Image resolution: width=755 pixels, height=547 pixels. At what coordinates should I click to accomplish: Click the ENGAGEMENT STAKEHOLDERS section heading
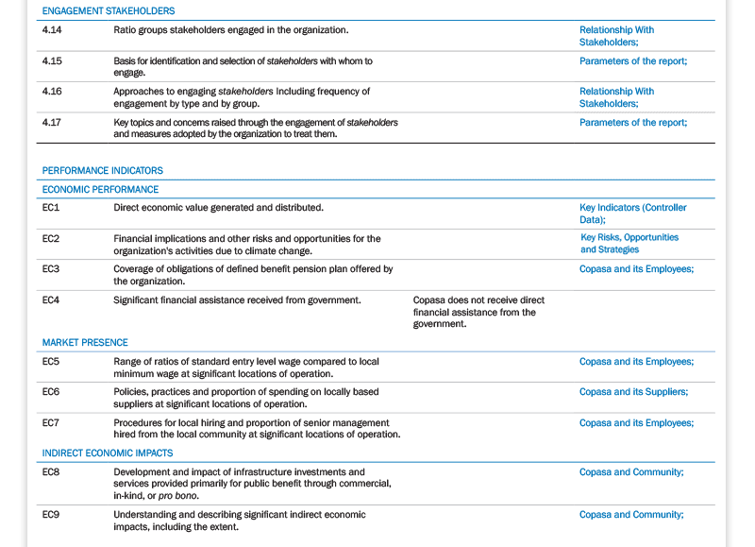tap(109, 11)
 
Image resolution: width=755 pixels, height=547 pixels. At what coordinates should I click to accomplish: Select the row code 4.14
tap(52, 30)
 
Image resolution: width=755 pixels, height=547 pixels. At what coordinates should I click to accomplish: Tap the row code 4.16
tap(52, 92)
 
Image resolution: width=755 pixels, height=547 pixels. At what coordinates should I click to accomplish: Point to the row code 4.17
tap(52, 123)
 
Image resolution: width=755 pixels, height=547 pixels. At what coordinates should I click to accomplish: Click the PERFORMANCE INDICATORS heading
tap(102, 171)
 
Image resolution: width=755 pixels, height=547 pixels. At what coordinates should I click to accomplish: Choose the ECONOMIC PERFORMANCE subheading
tap(100, 190)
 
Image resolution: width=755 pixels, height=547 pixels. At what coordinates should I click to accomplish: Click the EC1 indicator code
tap(51, 208)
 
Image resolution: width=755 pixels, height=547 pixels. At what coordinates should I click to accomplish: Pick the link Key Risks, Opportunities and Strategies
tap(629, 244)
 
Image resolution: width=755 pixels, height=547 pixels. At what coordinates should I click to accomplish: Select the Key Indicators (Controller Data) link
tap(632, 214)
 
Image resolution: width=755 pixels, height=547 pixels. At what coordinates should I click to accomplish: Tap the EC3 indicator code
tap(51, 269)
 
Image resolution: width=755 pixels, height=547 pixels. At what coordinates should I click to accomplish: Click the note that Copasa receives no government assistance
tap(478, 312)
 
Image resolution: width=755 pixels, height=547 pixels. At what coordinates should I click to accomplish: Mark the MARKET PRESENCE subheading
tap(85, 343)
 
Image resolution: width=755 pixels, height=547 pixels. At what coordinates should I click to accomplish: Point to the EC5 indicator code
tap(51, 362)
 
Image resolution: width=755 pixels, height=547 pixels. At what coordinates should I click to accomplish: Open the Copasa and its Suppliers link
tap(633, 392)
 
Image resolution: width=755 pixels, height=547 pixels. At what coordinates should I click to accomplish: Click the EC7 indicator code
tap(51, 423)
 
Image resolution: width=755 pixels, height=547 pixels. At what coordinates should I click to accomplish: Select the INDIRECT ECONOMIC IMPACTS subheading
tap(108, 453)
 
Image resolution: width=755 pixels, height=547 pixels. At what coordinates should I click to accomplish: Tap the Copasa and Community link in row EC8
tap(631, 472)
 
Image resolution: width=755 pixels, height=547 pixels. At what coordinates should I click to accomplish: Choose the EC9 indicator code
tap(51, 515)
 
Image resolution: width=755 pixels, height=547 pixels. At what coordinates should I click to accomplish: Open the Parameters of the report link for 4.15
tap(633, 61)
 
